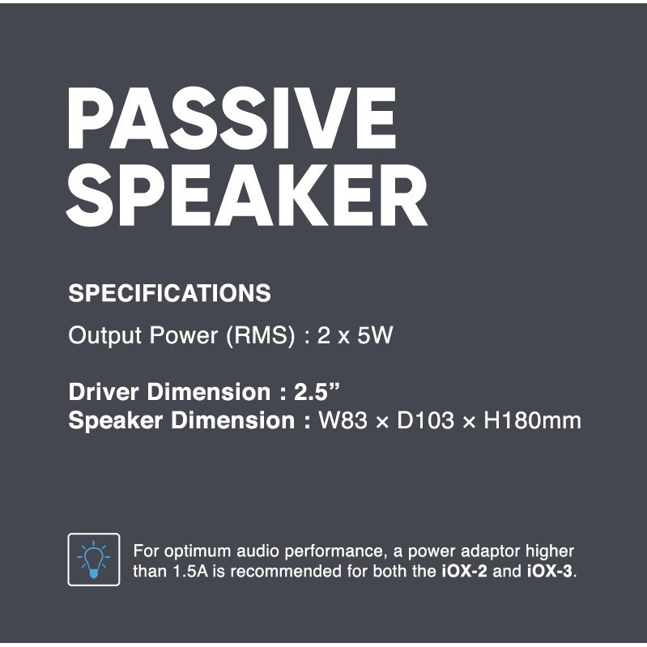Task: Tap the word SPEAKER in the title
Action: pos(247,198)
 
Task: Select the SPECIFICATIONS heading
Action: pos(169,293)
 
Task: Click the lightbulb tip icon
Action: pos(94,560)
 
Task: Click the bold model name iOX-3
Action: pos(549,571)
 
